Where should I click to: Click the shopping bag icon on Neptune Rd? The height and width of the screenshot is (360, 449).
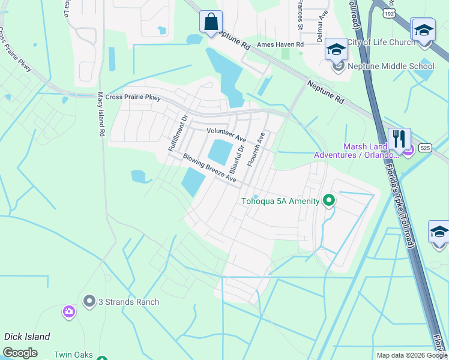[x=211, y=22]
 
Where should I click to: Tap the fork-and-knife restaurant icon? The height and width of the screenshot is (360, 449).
[x=399, y=139]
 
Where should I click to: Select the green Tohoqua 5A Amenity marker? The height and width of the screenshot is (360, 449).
[x=328, y=200]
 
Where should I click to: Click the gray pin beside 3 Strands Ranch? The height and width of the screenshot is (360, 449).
[x=90, y=301]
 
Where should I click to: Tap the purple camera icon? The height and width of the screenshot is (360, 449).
[x=68, y=311]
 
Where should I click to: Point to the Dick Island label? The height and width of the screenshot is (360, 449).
[x=27, y=337]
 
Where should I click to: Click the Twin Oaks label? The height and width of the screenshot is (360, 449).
[x=74, y=355]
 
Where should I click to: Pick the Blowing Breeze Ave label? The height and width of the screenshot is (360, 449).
[x=210, y=167]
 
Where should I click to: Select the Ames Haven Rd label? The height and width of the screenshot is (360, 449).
[x=280, y=44]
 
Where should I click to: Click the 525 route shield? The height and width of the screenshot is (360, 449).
[x=425, y=148]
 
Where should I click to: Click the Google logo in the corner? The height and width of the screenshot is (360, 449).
[x=20, y=353]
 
